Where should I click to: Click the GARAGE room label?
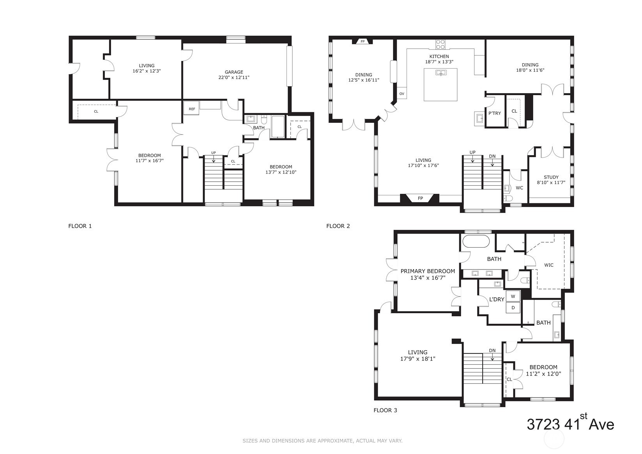click(234, 72)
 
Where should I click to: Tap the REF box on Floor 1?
click(192, 109)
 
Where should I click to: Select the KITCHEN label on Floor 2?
click(439, 57)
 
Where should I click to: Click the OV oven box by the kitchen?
click(401, 94)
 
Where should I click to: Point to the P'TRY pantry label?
click(495, 113)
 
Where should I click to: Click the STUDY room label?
click(551, 177)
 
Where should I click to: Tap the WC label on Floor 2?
click(519, 188)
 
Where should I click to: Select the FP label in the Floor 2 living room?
click(420, 199)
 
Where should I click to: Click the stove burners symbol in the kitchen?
click(440, 44)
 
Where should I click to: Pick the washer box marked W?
click(513, 296)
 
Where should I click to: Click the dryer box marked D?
click(513, 308)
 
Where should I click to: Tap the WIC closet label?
click(548, 265)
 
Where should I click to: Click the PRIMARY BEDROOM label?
click(428, 271)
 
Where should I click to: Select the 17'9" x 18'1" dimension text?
click(417, 359)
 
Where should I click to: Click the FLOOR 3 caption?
click(385, 410)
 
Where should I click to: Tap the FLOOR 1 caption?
click(80, 226)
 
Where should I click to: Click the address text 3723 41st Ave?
click(570, 424)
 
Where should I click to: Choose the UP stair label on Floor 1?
click(213, 153)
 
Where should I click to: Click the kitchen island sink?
click(441, 73)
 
